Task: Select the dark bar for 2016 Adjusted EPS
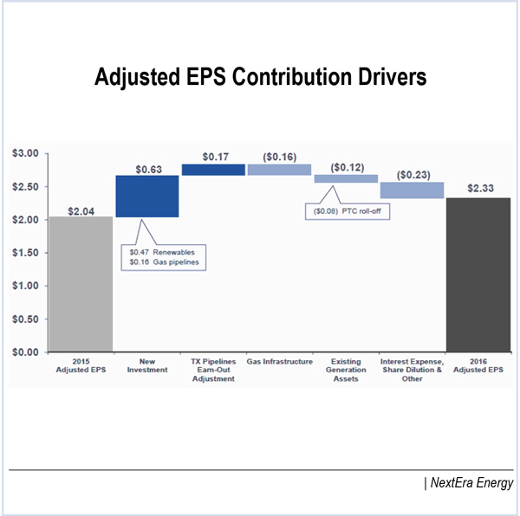tap(478, 274)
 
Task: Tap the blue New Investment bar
tap(146, 197)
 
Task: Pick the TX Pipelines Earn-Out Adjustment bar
tap(213, 170)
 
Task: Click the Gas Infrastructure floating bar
tap(279, 170)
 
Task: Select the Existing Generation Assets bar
tap(346, 178)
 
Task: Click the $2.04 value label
tap(81, 208)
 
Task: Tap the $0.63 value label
tap(147, 168)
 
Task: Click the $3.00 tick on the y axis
tap(25, 153)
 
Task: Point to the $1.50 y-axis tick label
tap(25, 253)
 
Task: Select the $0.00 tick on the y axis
tap(25, 352)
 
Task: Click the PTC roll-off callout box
tap(346, 210)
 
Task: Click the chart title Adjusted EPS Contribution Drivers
tap(260, 78)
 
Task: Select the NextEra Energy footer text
tap(469, 483)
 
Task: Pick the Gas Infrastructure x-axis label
tap(279, 361)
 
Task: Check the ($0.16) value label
tap(279, 157)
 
